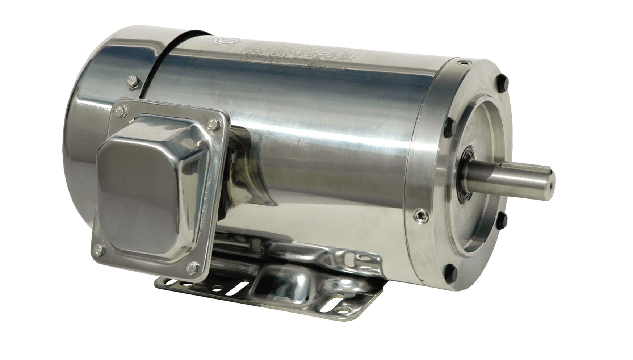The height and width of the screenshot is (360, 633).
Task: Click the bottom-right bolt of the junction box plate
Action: click(191, 268)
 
